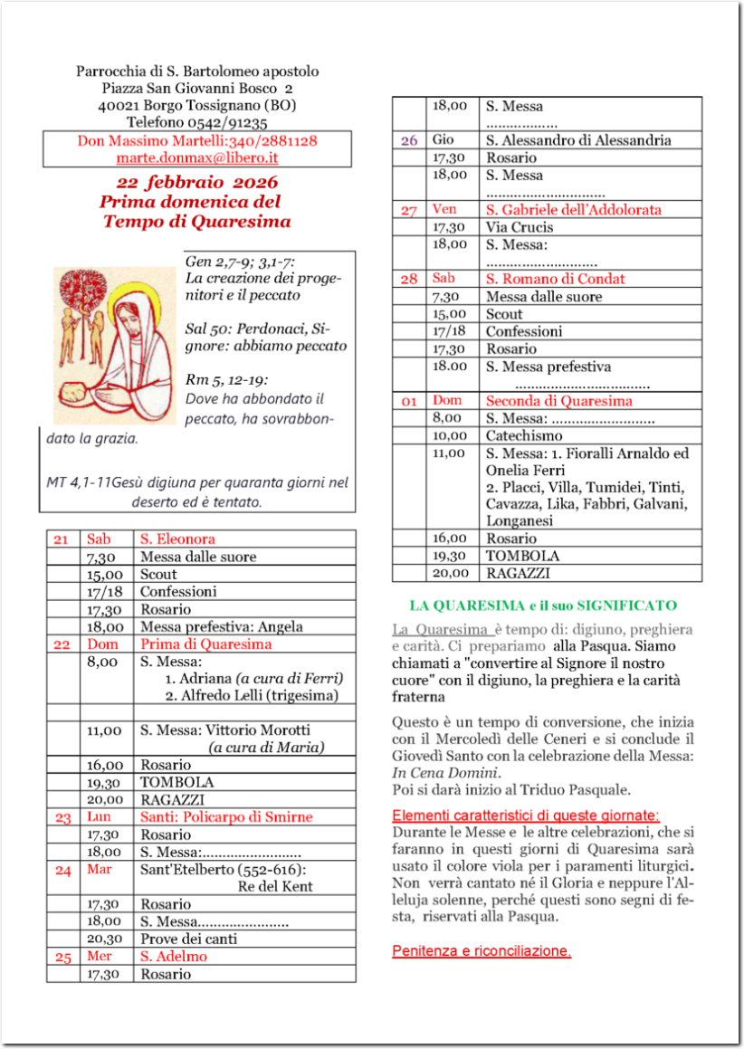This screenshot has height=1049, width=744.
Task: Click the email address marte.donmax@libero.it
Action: point(196,157)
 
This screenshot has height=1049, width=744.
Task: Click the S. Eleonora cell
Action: point(177,539)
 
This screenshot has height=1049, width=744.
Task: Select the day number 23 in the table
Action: point(62,817)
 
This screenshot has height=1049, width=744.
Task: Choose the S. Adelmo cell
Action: point(173,957)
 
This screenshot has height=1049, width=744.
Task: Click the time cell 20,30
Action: point(105,939)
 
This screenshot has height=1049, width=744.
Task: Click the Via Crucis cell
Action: point(520,227)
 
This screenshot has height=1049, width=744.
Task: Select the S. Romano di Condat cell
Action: point(556,279)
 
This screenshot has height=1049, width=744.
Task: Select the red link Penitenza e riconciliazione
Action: point(482,951)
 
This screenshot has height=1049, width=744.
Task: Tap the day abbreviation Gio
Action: point(443,140)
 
